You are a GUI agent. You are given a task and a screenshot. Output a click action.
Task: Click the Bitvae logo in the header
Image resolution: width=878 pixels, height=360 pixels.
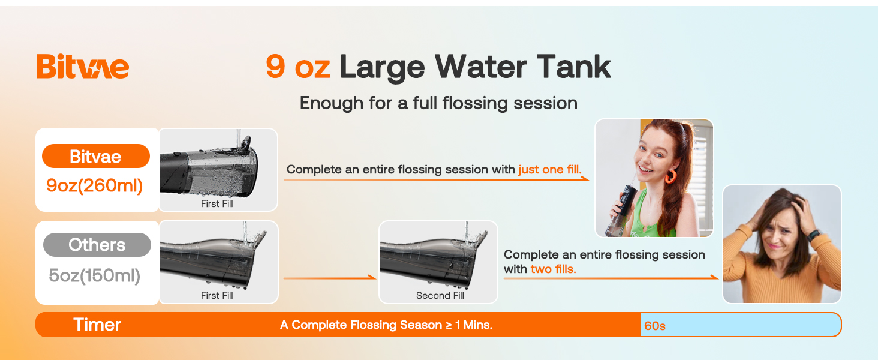tap(82, 66)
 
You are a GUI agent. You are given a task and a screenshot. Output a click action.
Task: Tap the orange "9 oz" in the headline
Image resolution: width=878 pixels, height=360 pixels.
tap(297, 67)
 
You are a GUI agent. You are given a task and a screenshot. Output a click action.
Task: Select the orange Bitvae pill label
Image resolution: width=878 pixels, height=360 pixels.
tap(95, 157)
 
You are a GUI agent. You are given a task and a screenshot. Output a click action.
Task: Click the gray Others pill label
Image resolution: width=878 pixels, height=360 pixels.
tap(97, 245)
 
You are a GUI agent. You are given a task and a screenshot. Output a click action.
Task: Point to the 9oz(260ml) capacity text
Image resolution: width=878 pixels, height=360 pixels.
tap(95, 186)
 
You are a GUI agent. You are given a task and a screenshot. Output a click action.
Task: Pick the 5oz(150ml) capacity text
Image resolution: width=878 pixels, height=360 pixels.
tap(95, 275)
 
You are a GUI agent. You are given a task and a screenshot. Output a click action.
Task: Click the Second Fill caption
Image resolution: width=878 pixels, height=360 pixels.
tap(440, 295)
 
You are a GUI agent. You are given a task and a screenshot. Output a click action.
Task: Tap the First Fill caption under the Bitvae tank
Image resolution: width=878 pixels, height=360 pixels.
tap(217, 204)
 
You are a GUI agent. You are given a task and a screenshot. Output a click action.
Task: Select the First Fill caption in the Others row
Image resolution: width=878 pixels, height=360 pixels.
tap(217, 295)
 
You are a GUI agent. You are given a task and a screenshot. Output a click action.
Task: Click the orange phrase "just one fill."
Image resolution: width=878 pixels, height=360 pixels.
tap(550, 170)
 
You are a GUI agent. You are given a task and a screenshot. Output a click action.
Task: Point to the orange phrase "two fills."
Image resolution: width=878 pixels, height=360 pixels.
tap(553, 269)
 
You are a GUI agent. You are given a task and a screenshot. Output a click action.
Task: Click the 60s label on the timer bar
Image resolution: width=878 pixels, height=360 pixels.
tap(655, 326)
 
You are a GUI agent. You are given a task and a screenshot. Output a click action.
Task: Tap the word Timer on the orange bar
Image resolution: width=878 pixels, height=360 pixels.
tap(97, 325)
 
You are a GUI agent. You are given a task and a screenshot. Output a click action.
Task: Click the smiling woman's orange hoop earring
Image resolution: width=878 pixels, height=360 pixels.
tap(670, 176)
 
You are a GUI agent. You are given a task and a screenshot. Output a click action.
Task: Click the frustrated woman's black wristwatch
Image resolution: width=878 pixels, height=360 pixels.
tap(814, 236)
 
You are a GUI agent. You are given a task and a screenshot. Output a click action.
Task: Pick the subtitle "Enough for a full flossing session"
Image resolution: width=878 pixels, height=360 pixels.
tap(438, 103)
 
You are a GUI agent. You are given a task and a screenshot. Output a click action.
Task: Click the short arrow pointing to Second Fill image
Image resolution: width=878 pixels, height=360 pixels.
tap(329, 278)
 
